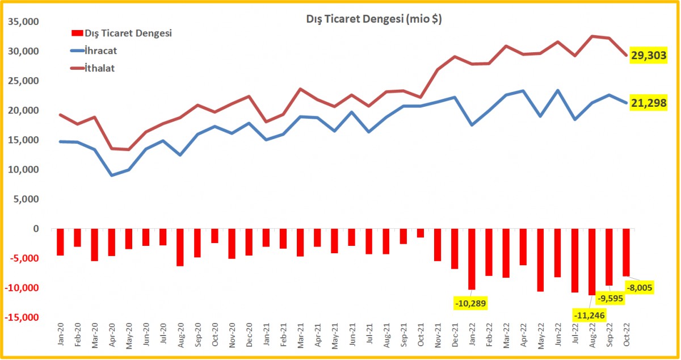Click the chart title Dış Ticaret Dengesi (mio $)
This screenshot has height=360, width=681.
pos(371,20)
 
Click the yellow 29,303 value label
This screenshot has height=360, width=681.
pos(648,55)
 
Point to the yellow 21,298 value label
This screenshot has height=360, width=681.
pos(648,102)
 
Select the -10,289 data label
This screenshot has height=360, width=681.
pos(470,303)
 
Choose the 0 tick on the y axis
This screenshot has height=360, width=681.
pos(36,229)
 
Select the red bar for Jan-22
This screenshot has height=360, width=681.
pos(471,259)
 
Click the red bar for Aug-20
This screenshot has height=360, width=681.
pos(180,247)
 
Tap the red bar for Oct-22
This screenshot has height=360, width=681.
pos(626,252)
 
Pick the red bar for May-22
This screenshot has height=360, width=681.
pos(540,260)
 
